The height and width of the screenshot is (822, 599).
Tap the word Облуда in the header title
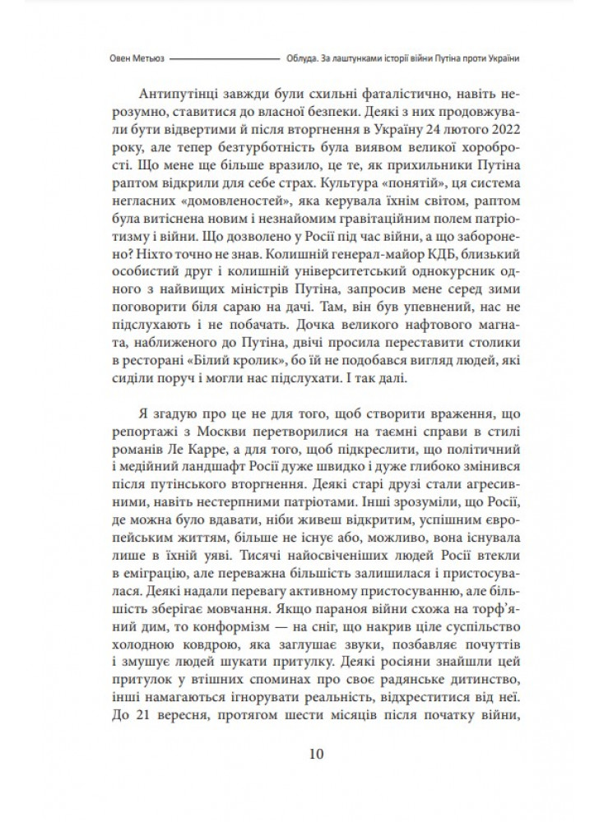pos(301,58)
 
